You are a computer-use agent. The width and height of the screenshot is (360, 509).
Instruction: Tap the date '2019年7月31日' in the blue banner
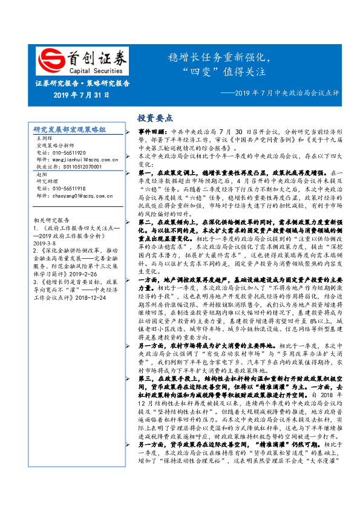(82, 95)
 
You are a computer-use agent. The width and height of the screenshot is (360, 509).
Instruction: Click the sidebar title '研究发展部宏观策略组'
(70, 130)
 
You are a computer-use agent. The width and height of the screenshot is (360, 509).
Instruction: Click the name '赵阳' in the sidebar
(42, 174)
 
